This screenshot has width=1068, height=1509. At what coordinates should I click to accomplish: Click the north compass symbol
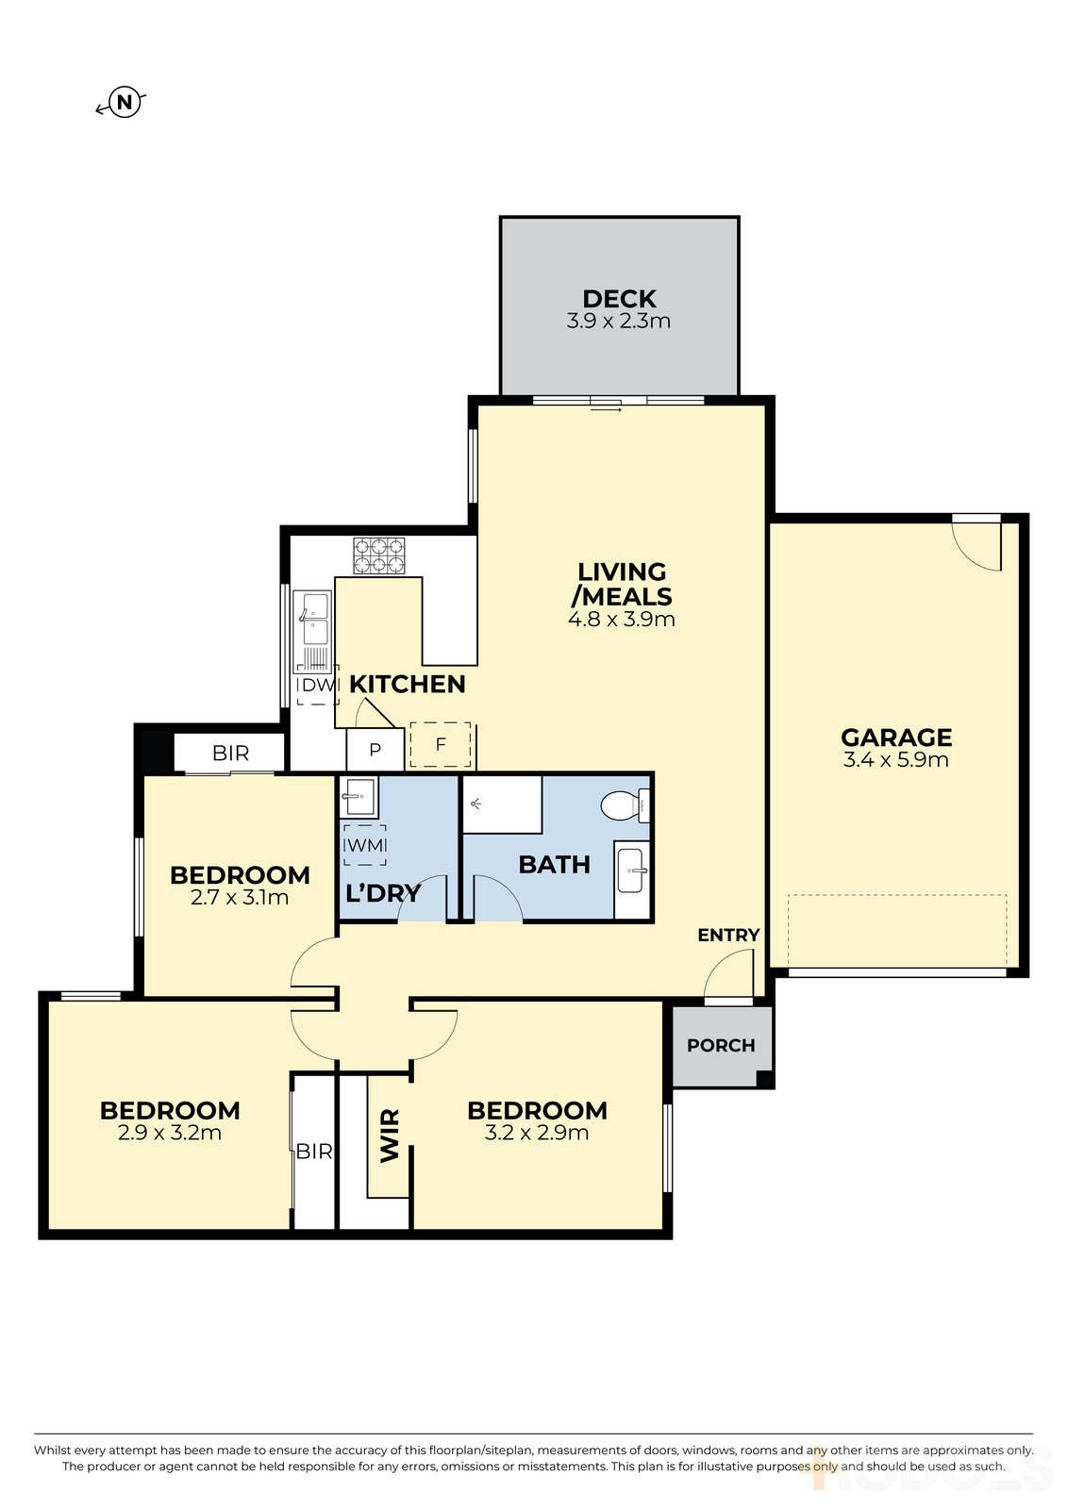124,103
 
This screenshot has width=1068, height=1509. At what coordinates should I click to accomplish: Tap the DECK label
619,298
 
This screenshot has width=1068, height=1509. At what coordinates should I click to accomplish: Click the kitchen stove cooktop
378,556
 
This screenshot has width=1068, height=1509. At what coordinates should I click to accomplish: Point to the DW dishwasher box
317,685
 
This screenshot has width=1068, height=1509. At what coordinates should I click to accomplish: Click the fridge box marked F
441,744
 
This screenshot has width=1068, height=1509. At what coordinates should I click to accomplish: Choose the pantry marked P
375,749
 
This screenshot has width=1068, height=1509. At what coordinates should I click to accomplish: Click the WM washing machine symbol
364,845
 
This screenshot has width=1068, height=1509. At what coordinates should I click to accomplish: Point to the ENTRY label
728,935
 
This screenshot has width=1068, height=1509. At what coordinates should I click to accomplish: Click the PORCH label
721,1046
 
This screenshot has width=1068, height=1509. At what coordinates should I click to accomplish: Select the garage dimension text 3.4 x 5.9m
895,760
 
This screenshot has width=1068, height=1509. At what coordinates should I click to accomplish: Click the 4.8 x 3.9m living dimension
621,619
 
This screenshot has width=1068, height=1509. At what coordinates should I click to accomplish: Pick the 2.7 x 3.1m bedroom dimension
240,897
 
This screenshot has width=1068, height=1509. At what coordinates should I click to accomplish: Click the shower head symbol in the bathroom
476,803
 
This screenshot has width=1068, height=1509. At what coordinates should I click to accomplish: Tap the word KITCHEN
407,685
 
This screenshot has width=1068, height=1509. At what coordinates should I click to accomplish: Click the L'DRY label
383,893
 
